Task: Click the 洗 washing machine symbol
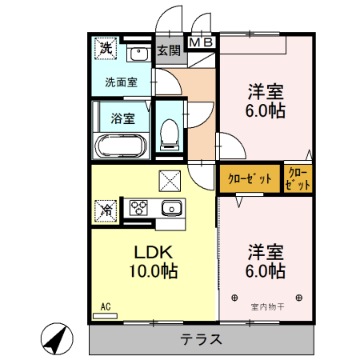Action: (x=105, y=48)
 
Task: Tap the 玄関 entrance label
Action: (x=168, y=50)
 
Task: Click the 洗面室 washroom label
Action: (x=121, y=81)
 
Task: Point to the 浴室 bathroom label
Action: (x=122, y=118)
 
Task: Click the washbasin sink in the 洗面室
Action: (x=138, y=54)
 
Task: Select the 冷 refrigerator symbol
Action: (x=106, y=210)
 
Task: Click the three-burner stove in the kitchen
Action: (x=139, y=208)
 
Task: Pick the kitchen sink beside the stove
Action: (x=170, y=209)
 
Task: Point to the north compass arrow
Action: (x=54, y=339)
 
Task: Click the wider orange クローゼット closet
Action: (x=250, y=178)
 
